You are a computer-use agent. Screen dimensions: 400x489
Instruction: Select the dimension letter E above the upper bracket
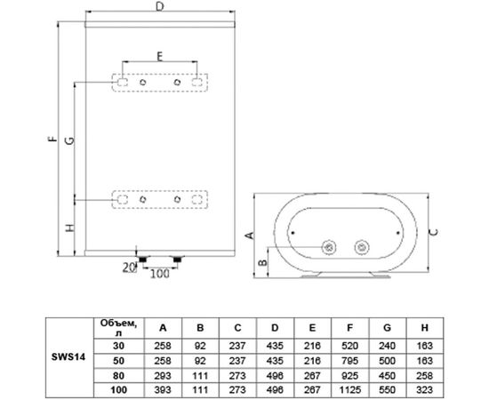(x=160, y=55)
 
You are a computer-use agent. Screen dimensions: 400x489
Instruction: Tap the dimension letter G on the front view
(x=69, y=139)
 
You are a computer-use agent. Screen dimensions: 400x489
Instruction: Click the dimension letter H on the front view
(x=69, y=229)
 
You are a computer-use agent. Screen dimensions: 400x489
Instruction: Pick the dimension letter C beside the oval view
(x=433, y=233)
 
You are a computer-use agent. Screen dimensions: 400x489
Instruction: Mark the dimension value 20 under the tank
(x=127, y=267)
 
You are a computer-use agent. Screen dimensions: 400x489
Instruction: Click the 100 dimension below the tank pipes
(x=158, y=273)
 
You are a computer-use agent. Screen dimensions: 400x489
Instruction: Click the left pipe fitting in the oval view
(x=330, y=246)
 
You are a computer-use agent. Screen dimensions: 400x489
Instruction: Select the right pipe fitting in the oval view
(x=362, y=246)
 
